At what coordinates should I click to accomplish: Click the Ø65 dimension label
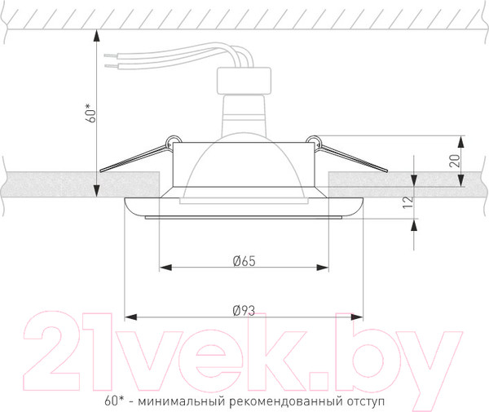[x=244, y=261]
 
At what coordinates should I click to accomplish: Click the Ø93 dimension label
[x=244, y=310]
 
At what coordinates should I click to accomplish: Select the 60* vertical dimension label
[x=92, y=112]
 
